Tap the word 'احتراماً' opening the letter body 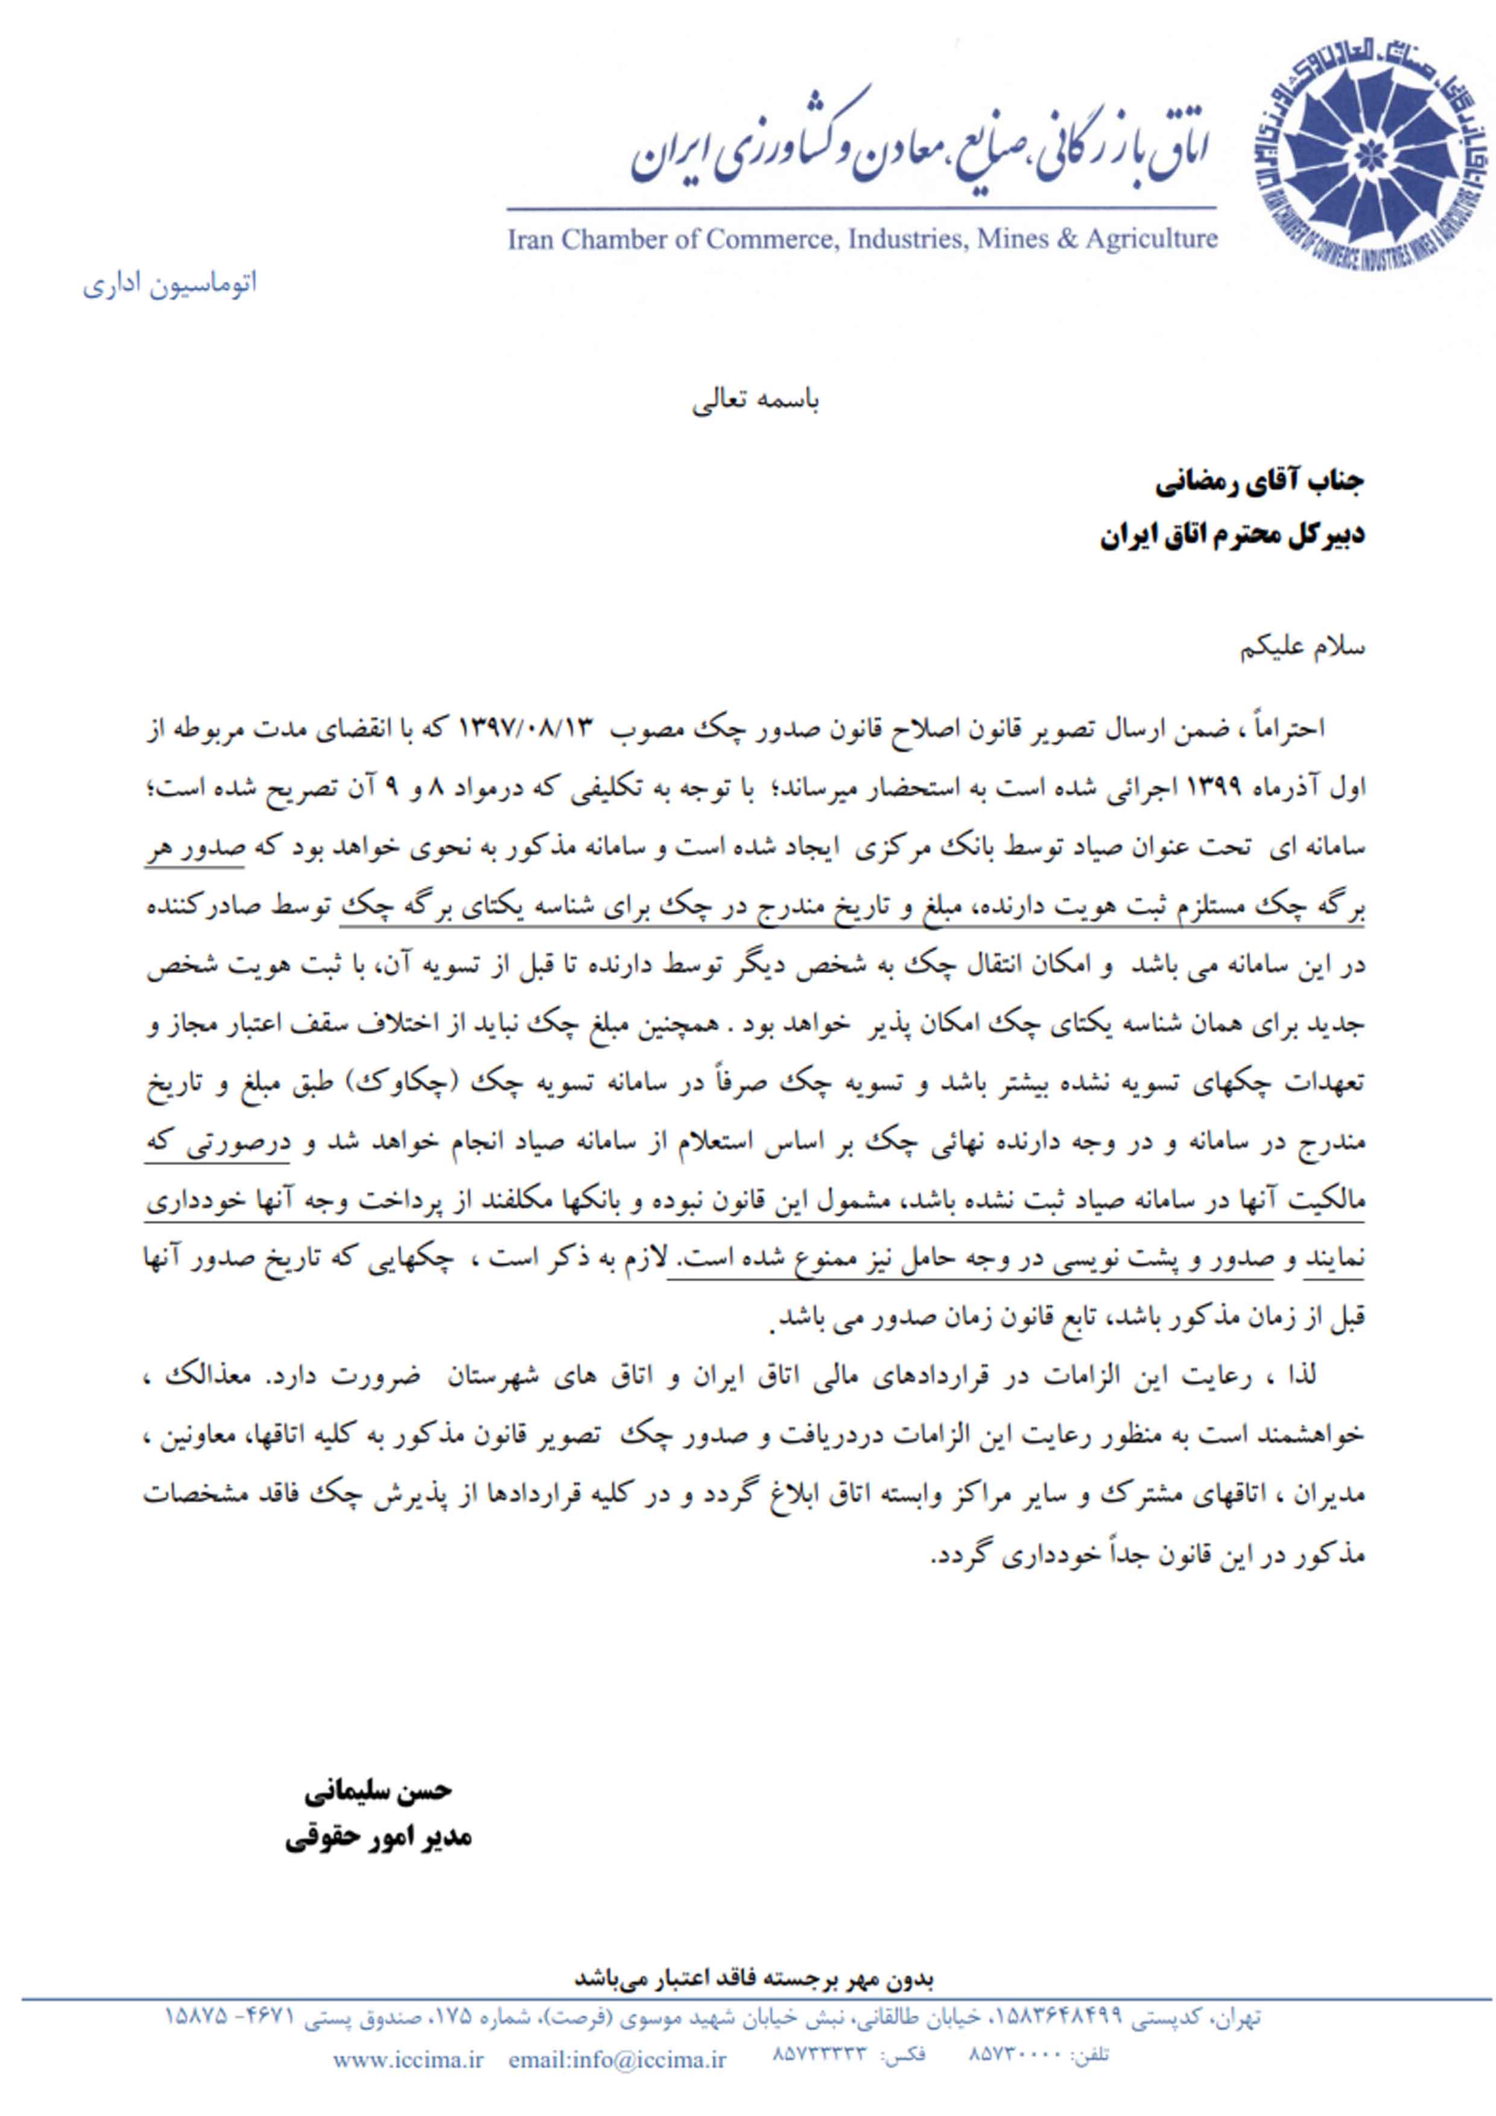(x=1287, y=728)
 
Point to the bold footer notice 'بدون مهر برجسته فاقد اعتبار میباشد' (x=756, y=1978)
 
